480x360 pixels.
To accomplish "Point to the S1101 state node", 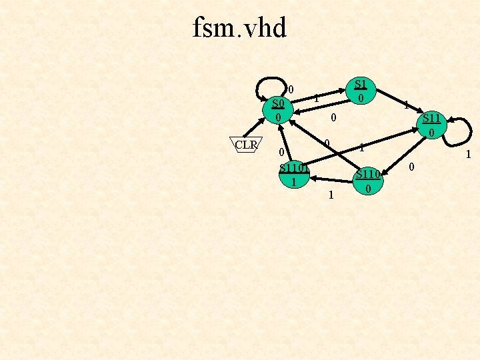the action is (293, 175).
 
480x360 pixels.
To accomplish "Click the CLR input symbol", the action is (247, 144).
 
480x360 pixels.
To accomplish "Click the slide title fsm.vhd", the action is (239, 28).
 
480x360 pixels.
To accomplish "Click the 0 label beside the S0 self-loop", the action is (291, 89).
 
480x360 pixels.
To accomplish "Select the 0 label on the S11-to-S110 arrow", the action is (412, 167).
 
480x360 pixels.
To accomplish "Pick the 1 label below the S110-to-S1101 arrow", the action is (331, 195).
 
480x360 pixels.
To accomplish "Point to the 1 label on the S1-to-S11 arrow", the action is (405, 105).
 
